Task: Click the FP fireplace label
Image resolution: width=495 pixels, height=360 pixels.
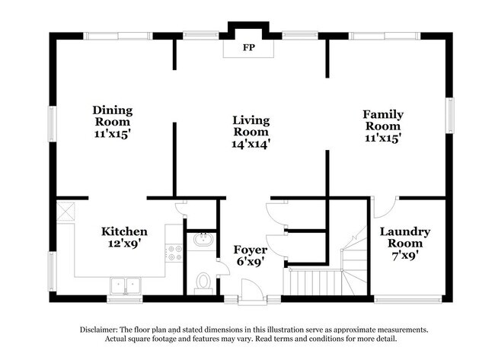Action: coord(247,49)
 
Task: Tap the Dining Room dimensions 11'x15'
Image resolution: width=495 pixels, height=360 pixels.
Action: coord(112,132)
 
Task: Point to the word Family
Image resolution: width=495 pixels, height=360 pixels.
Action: coord(383,114)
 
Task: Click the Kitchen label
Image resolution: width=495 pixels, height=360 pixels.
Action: coord(124,231)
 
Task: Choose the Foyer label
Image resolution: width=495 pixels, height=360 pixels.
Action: coord(251,249)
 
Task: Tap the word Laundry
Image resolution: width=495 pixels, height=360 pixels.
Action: coord(404,231)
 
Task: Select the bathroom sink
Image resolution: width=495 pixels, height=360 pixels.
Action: coord(203,241)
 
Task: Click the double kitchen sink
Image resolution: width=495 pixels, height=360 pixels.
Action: coord(126,286)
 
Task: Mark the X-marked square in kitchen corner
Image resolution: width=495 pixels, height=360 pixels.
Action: coord(65,209)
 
